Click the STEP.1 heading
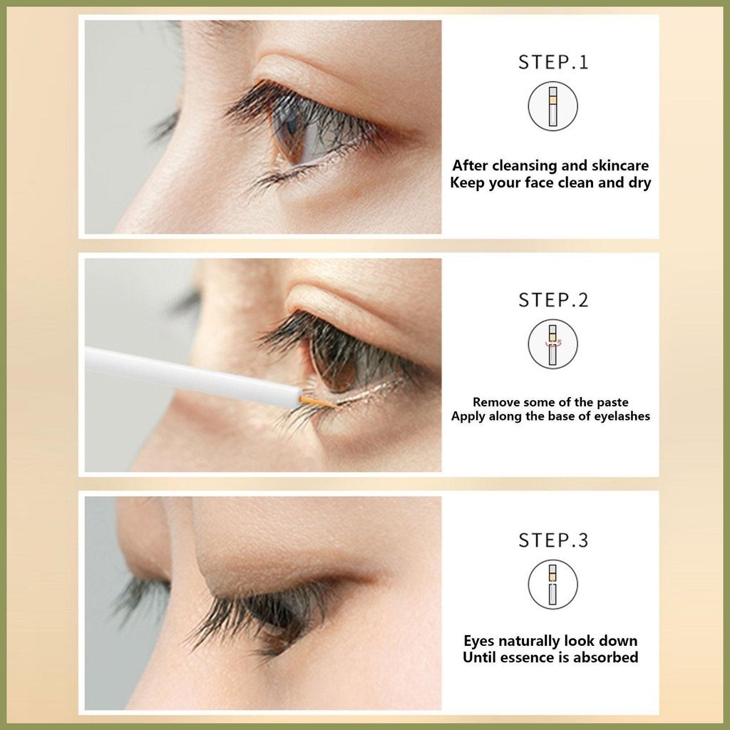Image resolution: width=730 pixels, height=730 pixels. coord(553,63)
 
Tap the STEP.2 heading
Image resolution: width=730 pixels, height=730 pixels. coord(553,300)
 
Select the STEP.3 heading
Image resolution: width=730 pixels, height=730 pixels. coord(553,540)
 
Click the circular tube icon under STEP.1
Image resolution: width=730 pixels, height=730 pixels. coord(552,106)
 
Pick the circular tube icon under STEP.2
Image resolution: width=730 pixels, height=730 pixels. coord(552,344)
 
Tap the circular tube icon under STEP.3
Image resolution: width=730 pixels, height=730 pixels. coord(552,585)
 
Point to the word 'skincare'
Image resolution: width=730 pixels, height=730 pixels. coord(620,165)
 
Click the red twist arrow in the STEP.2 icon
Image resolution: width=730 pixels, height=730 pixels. coord(553,344)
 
